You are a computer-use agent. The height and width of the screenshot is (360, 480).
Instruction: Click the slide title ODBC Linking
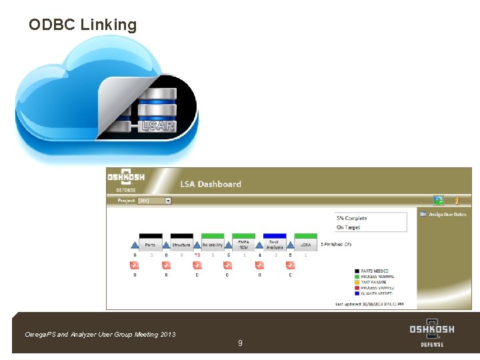(x=83, y=25)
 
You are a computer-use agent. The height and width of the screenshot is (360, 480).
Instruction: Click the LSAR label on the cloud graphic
(x=158, y=125)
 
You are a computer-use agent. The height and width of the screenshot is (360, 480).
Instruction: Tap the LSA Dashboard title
(x=211, y=184)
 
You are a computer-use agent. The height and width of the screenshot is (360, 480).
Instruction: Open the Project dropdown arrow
(x=168, y=200)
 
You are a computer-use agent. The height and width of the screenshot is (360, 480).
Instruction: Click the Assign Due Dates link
(x=447, y=215)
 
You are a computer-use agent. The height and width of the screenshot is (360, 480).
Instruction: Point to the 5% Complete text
(x=352, y=218)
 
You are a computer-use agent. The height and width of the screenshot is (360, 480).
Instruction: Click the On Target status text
(x=348, y=227)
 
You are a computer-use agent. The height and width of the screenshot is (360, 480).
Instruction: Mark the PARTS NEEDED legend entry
(x=375, y=271)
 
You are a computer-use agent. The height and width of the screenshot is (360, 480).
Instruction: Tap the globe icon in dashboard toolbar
(x=438, y=200)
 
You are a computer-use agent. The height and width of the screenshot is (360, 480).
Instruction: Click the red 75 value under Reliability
(x=197, y=255)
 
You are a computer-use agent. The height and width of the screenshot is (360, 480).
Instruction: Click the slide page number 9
(x=240, y=343)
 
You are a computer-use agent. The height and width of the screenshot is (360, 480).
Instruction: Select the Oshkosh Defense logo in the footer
(x=432, y=333)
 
